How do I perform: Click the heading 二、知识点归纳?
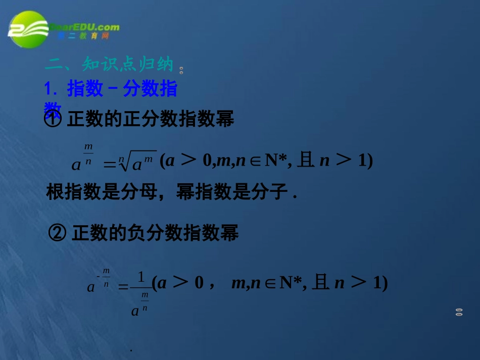tap(109, 65)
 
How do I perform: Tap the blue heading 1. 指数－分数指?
tap(111, 89)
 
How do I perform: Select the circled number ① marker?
tap(53, 120)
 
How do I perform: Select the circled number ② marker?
tap(57, 233)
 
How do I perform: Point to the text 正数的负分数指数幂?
tap(155, 233)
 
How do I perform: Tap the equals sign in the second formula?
tap(123, 287)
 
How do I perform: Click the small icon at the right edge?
tap(459, 312)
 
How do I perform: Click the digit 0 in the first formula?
tap(207, 161)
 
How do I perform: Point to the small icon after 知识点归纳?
tap(181, 70)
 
